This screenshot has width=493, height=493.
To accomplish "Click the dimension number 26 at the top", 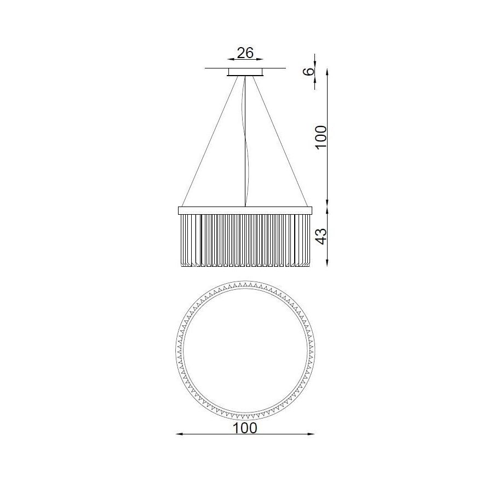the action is [245, 53].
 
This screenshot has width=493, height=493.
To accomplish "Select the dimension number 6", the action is [309, 71].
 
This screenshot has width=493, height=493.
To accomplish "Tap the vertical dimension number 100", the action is [321, 137].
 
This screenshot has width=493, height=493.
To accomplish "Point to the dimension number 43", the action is [321, 236].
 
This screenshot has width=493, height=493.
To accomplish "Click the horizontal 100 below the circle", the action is [245, 428].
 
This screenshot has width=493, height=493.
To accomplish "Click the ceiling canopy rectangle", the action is [245, 72].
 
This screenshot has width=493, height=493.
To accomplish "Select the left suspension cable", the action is [209, 141].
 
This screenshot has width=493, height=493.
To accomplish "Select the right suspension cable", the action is [281, 141].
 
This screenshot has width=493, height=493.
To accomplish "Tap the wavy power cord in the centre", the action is [246, 141].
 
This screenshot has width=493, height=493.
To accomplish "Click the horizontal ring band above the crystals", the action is [245, 210].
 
